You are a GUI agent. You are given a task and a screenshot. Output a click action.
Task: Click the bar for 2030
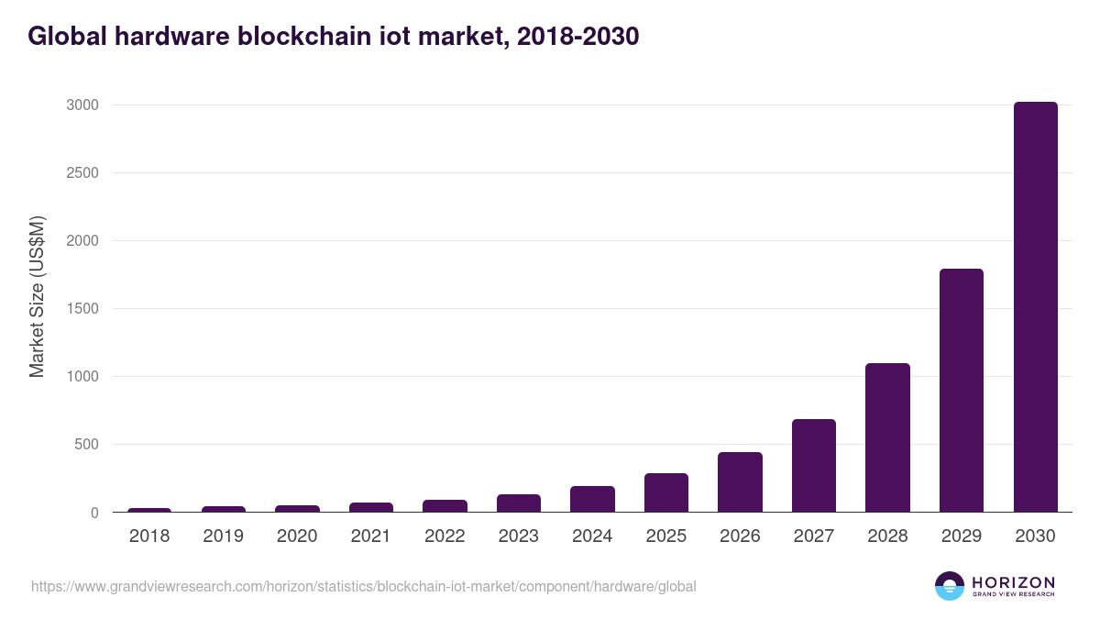(1035, 307)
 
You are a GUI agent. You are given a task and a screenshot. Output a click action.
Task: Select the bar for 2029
(962, 391)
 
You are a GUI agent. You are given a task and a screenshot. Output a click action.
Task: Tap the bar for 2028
(887, 437)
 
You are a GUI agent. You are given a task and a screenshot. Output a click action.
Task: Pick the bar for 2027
(814, 466)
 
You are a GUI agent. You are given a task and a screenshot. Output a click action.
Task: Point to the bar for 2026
(740, 482)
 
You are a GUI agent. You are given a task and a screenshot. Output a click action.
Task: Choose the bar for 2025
(666, 493)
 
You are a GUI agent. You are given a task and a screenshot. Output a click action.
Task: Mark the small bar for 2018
(149, 510)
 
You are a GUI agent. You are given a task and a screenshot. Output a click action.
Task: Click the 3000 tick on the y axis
(82, 105)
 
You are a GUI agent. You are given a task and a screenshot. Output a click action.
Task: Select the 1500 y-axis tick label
(82, 309)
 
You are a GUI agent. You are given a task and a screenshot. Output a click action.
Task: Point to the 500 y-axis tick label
(85, 445)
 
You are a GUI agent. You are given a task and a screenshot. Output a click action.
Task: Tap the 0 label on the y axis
(93, 513)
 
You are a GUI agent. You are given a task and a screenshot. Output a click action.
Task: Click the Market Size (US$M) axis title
(37, 297)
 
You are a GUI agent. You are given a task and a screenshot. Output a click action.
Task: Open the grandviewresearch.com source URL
(364, 586)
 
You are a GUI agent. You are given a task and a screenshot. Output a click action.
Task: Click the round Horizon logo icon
(949, 586)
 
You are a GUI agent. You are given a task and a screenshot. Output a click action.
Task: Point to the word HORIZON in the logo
(1013, 582)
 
